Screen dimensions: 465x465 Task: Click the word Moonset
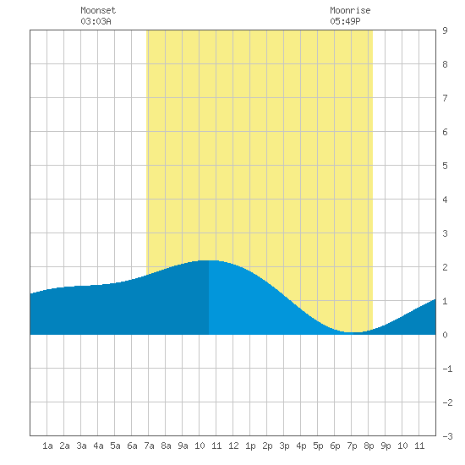pyautogui.click(x=98, y=10)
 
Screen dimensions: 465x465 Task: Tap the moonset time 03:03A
pyautogui.click(x=96, y=21)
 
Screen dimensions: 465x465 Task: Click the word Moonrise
pyautogui.click(x=350, y=10)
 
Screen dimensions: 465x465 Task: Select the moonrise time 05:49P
pyautogui.click(x=345, y=21)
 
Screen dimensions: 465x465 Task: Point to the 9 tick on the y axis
pyautogui.click(x=445, y=30)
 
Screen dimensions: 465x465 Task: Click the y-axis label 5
pyautogui.click(x=445, y=166)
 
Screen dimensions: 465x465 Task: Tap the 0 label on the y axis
pyautogui.click(x=445, y=335)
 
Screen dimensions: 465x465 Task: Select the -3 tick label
pyautogui.click(x=447, y=436)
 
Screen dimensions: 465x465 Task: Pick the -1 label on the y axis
pyautogui.click(x=447, y=369)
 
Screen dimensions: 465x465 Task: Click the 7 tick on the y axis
pyautogui.click(x=445, y=98)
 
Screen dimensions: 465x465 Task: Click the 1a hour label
pyautogui.click(x=47, y=446)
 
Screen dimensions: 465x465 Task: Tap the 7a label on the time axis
pyautogui.click(x=149, y=446)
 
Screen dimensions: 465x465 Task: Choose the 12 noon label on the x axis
pyautogui.click(x=233, y=446)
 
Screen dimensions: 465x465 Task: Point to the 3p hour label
pyautogui.click(x=284, y=446)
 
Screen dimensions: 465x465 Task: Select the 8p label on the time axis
pyautogui.click(x=369, y=446)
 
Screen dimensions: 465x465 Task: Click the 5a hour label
pyautogui.click(x=115, y=446)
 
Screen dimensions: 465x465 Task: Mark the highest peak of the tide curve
pyautogui.click(x=209, y=260)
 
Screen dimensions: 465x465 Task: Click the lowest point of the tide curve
pyautogui.click(x=353, y=332)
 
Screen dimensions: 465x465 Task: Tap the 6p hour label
pyautogui.click(x=335, y=446)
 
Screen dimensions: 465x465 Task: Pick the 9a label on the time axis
pyautogui.click(x=183, y=446)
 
